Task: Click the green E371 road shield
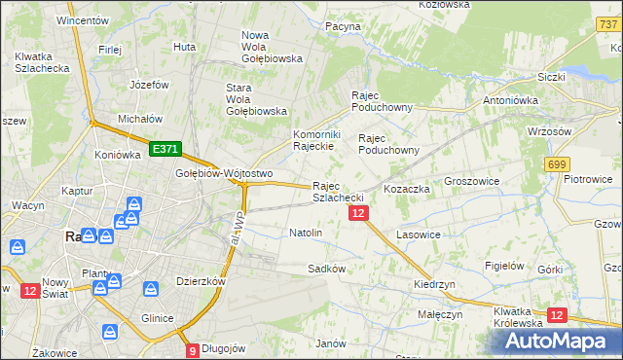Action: point(165,149)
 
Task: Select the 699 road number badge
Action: point(558,165)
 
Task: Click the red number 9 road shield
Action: point(193,350)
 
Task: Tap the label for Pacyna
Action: point(343,27)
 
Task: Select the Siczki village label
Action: point(551,76)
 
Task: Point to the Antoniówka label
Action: point(512,100)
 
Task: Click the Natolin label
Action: point(306,233)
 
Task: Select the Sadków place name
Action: point(327,268)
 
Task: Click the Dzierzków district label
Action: point(202,281)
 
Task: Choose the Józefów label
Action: point(149,85)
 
